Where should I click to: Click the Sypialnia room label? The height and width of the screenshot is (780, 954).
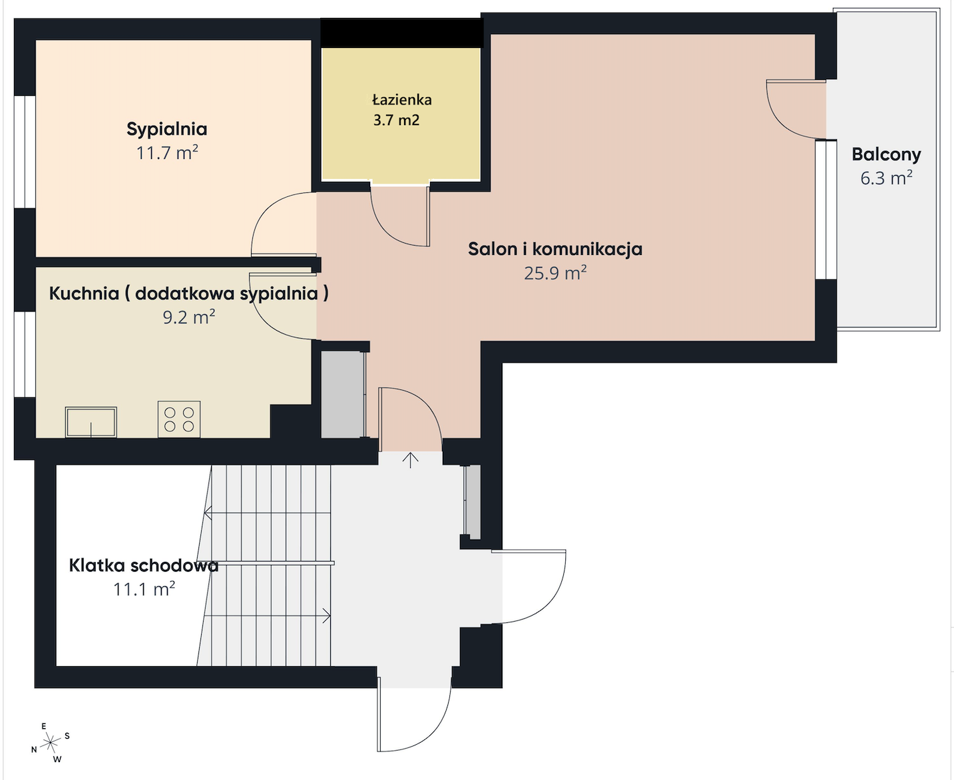tap(167, 129)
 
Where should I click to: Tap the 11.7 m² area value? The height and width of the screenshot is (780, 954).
tap(167, 153)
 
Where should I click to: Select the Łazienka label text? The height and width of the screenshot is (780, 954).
tap(401, 99)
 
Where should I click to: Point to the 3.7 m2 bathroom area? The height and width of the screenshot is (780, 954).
tap(396, 120)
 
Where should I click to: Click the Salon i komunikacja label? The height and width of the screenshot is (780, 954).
tap(555, 249)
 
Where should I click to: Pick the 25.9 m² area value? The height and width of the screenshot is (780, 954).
tap(555, 273)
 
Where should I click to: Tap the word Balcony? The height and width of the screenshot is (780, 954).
tap(886, 154)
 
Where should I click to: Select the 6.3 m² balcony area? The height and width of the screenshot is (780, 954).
tap(886, 178)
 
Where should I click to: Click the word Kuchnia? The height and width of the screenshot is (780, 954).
tap(84, 294)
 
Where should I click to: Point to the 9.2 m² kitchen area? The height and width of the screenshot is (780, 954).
tap(188, 317)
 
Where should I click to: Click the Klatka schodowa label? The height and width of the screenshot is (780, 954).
tap(144, 566)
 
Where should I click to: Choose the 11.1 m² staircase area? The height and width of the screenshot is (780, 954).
tap(144, 590)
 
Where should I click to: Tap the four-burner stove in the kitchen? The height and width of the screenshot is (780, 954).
tap(179, 419)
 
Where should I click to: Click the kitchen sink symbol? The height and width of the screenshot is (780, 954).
tap(91, 422)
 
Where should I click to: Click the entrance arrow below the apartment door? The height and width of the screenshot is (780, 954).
tap(410, 460)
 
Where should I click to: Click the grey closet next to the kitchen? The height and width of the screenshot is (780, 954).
tap(343, 395)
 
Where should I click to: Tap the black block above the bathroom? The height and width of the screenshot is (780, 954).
tap(401, 33)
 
